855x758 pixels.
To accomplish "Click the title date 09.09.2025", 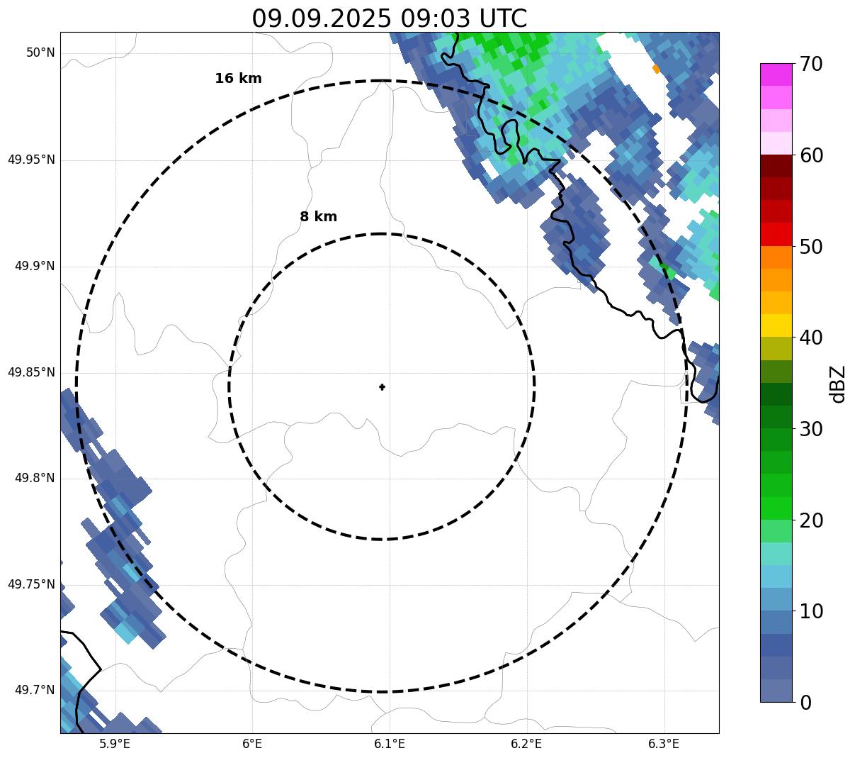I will coord(321,18).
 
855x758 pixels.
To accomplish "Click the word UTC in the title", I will coord(503,18).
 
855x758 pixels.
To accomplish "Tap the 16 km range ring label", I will coord(238,79).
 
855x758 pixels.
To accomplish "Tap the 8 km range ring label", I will coord(318,217).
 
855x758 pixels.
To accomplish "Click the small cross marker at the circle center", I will coord(383,387).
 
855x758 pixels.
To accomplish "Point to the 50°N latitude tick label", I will coord(40,53).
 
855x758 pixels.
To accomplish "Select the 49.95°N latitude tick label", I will coord(31,160).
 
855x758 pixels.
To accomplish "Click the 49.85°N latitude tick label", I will coord(31,372).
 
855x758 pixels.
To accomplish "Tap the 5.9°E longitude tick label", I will coord(115,744).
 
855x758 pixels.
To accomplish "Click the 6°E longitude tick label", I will coord(252,744).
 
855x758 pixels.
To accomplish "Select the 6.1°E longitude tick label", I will coord(390,744).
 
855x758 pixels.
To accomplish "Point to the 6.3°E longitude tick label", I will coord(664,744).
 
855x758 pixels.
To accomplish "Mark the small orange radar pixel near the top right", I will coord(656,69).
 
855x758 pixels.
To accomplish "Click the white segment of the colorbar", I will coord(776,143).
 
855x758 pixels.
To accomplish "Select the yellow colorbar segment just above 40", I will coord(776,325).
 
